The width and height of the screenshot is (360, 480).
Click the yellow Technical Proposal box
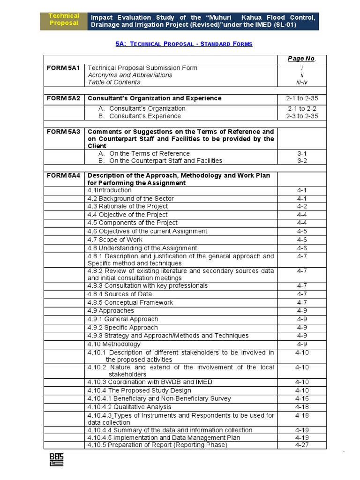[x=64, y=20]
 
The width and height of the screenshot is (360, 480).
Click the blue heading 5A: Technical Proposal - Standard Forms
[x=184, y=44]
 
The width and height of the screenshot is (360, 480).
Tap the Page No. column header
[x=302, y=59]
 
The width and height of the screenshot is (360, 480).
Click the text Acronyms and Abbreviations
[x=130, y=75]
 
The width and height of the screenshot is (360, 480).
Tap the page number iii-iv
[x=302, y=82]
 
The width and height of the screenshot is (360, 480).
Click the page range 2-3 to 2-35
[x=302, y=116]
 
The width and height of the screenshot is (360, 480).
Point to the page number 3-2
[x=302, y=161]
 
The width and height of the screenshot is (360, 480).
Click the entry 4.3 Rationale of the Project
[x=127, y=206]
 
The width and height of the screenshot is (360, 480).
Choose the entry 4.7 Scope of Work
[x=115, y=240]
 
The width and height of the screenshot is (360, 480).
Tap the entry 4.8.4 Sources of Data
[x=120, y=294]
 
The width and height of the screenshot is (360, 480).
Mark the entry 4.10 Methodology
[x=114, y=344]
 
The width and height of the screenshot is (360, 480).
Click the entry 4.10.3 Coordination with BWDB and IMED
[x=150, y=382]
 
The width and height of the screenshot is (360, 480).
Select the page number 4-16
[x=302, y=398]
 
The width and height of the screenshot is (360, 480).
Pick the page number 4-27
[x=302, y=445]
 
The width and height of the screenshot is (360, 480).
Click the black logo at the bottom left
[x=57, y=460]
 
